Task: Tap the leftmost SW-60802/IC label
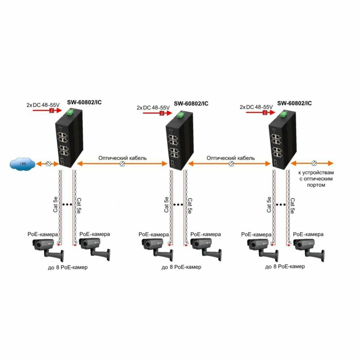pos(85,102)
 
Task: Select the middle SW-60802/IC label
pos(191,104)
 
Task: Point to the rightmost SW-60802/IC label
pos(294,103)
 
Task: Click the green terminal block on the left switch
pos(70,113)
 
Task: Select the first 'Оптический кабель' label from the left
pos(123,158)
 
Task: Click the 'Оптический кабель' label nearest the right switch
pos(231,158)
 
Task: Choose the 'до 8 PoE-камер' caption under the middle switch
pos(181,267)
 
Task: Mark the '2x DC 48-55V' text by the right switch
pos(256,107)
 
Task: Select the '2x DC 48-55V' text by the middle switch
pos(153,107)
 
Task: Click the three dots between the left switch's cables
pos(67,205)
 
